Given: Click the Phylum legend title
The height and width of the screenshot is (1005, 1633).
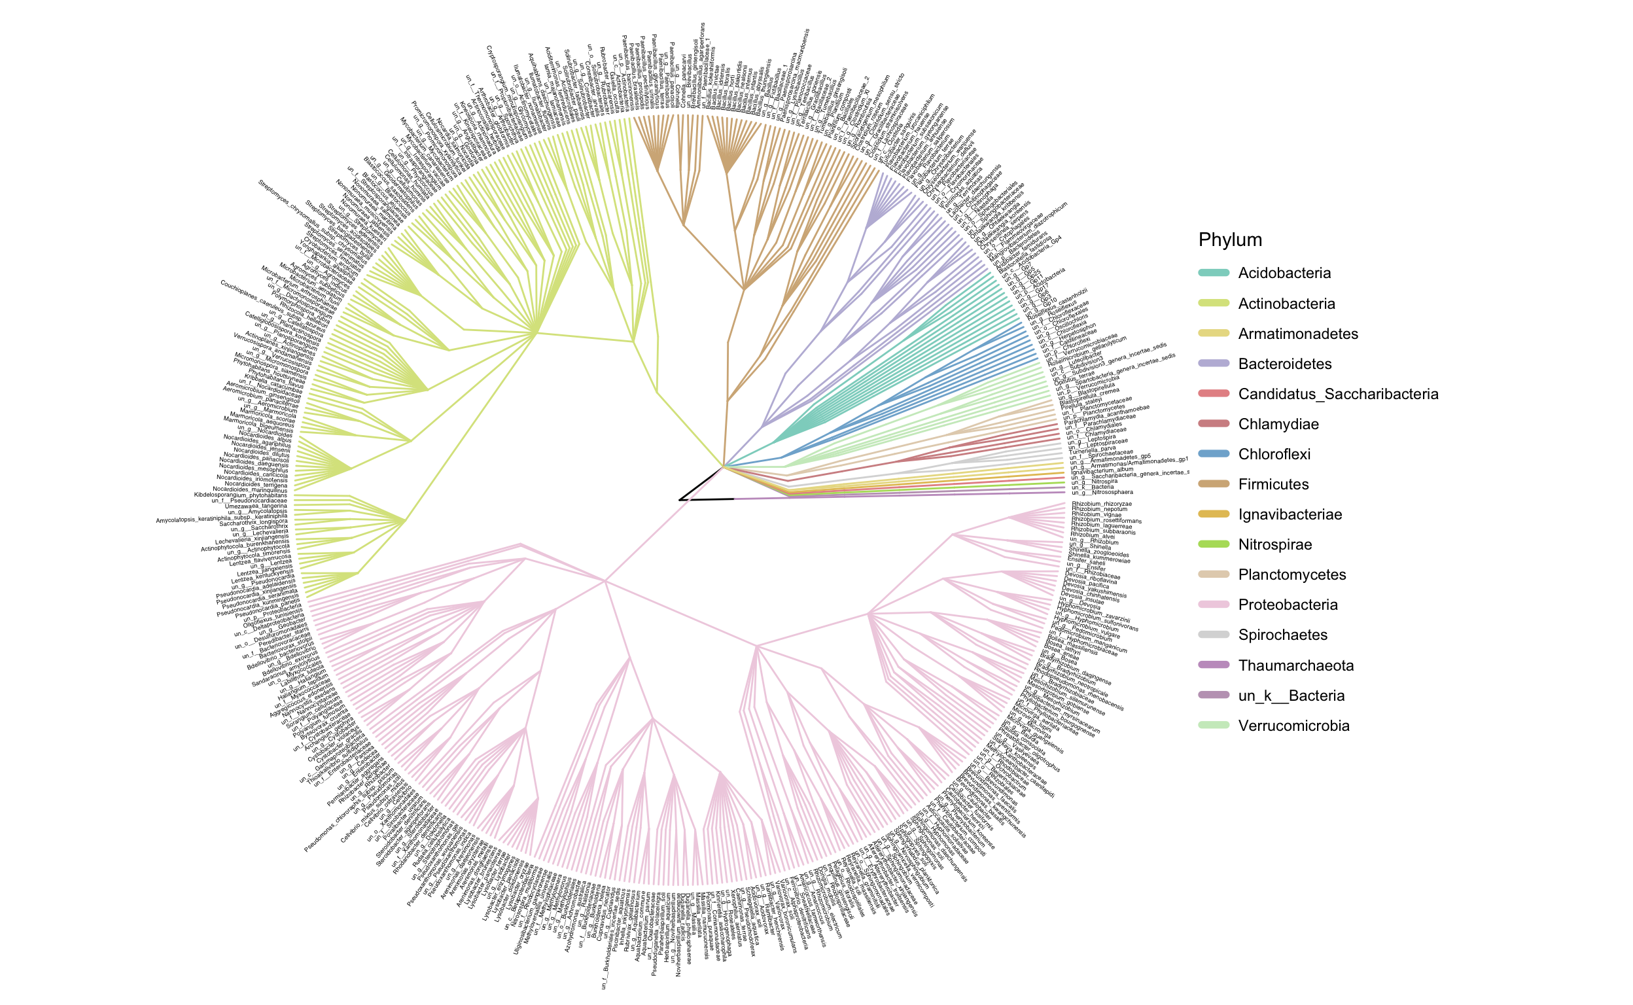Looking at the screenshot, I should click(1229, 240).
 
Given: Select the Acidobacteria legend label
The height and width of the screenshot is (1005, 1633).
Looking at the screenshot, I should click(1284, 273).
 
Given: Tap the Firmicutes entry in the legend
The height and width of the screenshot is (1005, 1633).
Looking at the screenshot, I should click(1273, 485).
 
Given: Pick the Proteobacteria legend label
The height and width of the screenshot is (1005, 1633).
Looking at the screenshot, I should click(1288, 605).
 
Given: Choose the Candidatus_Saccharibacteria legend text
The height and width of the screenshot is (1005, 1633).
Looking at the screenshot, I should click(1338, 394).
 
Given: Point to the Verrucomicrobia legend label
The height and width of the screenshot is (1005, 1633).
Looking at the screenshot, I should click(1293, 726).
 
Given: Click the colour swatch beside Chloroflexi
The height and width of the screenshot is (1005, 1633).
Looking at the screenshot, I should click(1213, 455).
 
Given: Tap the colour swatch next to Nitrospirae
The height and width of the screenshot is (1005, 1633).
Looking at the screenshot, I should click(1213, 545).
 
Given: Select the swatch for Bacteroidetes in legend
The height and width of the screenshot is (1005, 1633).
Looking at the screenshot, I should click(1213, 364).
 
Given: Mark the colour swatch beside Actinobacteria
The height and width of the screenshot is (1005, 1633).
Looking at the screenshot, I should click(1213, 304).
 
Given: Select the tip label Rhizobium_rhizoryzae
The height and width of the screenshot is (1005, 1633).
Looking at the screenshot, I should click(1101, 504).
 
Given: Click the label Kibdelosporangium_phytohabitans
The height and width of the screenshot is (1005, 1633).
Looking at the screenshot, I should click(241, 495).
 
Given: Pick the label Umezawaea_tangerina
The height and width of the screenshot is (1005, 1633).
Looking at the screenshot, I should click(256, 506).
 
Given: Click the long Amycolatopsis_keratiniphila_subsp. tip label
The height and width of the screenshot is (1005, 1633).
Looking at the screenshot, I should click(221, 518).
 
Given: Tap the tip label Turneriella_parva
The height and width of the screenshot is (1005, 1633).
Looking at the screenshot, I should click(1091, 448).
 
